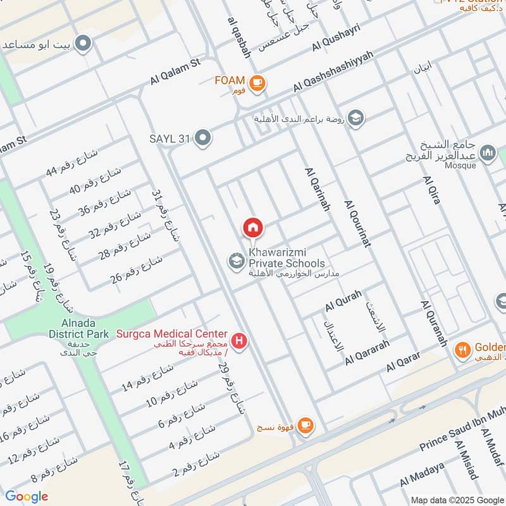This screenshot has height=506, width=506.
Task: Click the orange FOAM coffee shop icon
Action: coord(257,83)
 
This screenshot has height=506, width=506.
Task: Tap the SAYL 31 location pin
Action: coord(202,137)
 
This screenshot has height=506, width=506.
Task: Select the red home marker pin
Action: coord(252,227)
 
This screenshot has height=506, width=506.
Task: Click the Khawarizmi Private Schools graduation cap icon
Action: coord(237,261)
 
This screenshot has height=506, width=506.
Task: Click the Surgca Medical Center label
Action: coord(171,333)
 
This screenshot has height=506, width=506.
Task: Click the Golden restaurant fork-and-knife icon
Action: coord(463,350)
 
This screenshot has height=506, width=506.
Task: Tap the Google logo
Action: coord(27,497)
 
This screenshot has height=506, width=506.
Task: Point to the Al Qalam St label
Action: coord(175,71)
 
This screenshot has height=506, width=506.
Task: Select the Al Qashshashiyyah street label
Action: coord(333,70)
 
